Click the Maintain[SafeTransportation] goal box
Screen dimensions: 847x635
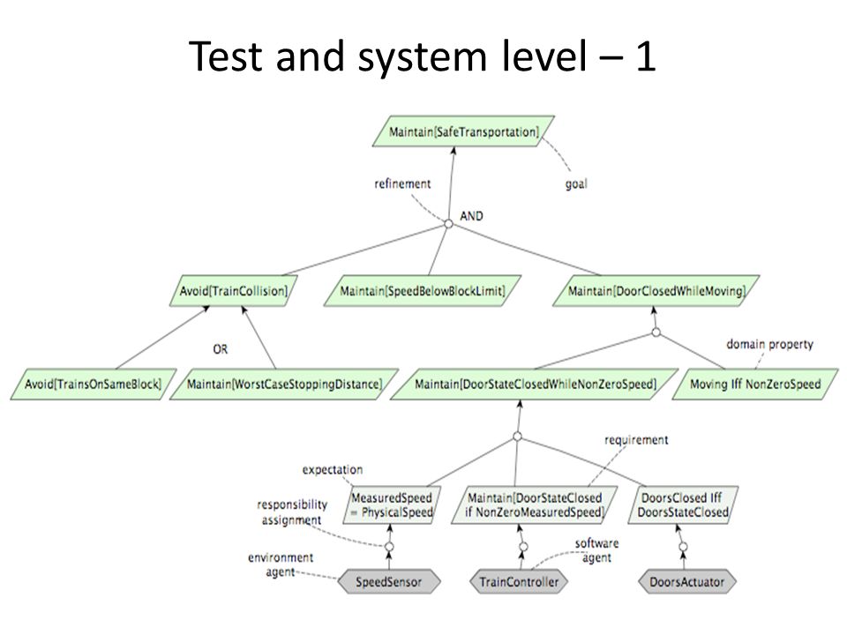[463, 131]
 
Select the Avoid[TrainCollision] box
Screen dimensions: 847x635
[233, 291]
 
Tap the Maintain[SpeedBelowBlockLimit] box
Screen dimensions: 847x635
[423, 291]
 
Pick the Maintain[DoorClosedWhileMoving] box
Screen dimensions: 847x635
[656, 291]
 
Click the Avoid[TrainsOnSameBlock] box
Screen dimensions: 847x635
[94, 384]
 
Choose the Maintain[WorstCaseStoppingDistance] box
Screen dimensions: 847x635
[284, 384]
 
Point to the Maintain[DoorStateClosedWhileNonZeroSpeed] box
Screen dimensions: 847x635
[535, 384]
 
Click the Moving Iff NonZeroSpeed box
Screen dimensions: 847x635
[755, 384]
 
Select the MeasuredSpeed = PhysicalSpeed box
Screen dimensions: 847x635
[392, 504]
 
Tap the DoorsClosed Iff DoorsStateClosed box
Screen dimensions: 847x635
[683, 504]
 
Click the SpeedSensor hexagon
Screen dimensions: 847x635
[389, 581]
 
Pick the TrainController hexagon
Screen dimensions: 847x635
[519, 581]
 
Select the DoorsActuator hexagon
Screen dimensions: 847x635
[686, 581]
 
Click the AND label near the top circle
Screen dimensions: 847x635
[471, 216]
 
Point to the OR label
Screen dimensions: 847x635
[220, 349]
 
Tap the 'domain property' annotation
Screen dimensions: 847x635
[769, 345]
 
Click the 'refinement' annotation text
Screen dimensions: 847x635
[402, 183]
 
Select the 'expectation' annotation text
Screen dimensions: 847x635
[333, 470]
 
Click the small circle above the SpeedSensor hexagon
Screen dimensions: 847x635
[389, 547]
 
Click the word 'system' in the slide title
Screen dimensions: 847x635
[423, 56]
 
